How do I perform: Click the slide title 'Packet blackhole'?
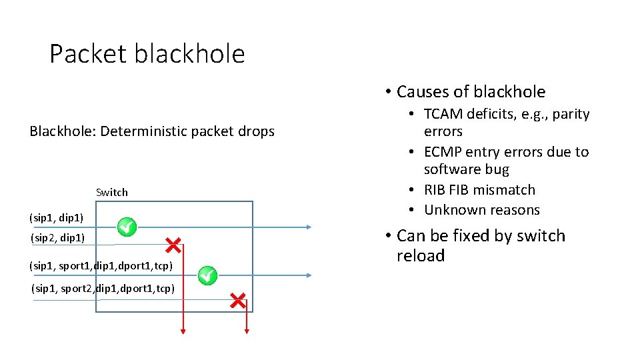tap(147, 54)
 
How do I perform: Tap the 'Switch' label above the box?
tap(112, 192)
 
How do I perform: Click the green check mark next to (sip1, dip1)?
tap(127, 227)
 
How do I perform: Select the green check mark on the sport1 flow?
tap(207, 274)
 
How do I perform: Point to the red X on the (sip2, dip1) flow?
tap(173, 245)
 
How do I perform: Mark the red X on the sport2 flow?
tap(237, 300)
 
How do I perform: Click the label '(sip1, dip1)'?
tap(57, 217)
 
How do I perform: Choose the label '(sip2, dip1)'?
tap(57, 237)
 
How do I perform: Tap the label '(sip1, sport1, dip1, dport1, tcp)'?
tap(101, 266)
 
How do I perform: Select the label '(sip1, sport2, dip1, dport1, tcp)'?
tap(103, 289)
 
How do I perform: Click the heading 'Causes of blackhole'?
tap(471, 92)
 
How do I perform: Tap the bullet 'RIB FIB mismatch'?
tap(479, 190)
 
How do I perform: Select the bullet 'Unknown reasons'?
tap(482, 210)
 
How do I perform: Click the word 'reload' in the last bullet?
tap(421, 256)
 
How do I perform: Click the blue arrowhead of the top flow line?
tap(308, 227)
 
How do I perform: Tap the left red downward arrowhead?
tap(183, 330)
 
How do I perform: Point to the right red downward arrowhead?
tap(247, 330)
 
